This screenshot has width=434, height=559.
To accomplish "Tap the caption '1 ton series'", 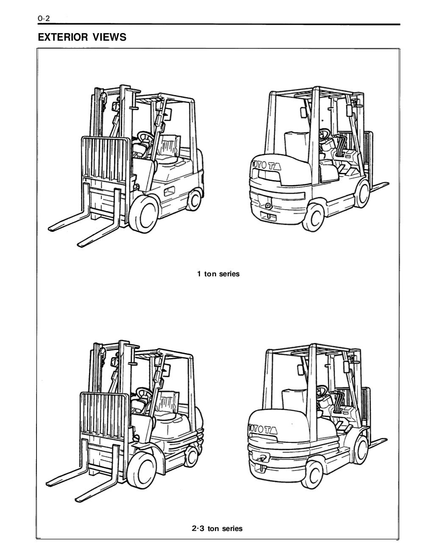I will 218,274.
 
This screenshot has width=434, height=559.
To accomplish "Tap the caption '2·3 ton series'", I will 217,528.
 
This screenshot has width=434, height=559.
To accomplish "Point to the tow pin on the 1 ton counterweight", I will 268,206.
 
